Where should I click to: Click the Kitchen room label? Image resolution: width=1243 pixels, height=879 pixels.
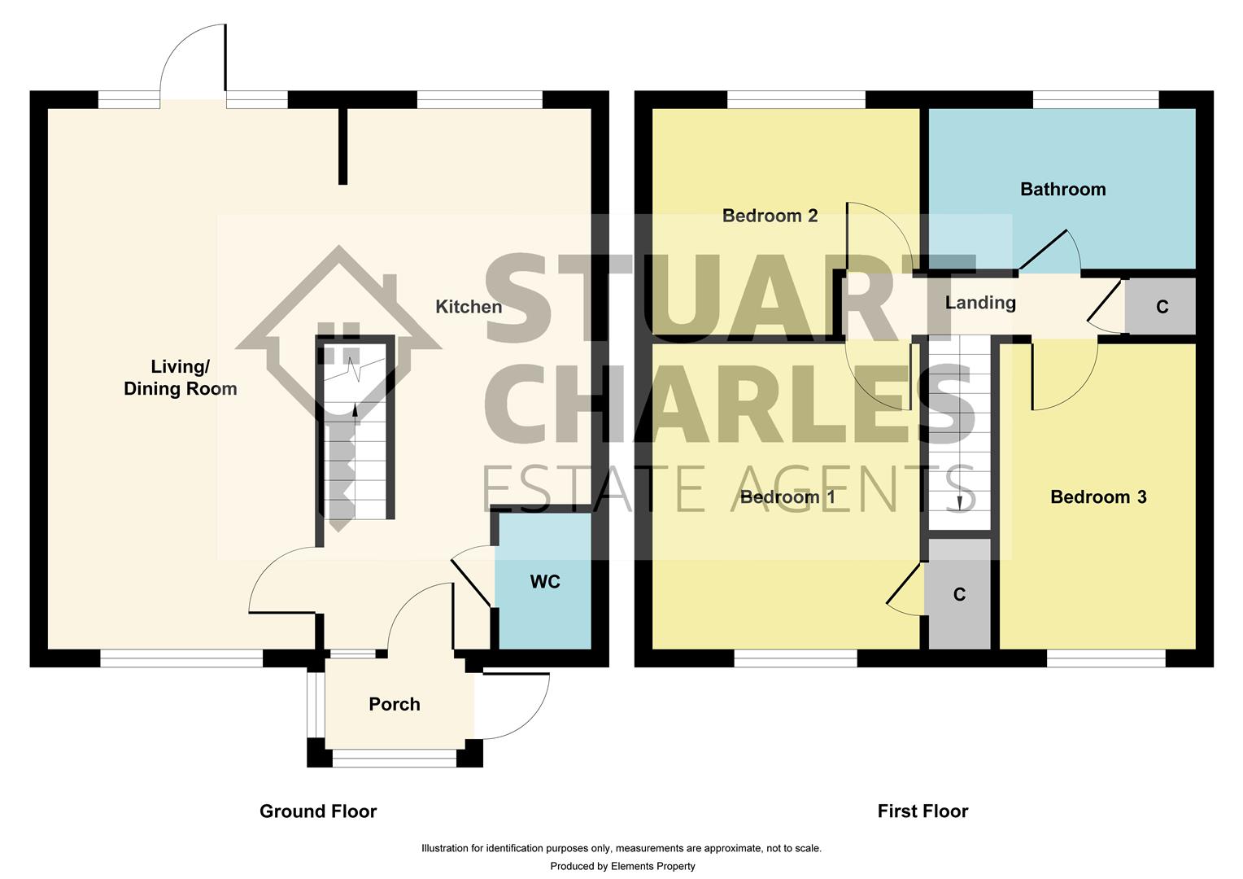[x=469, y=307]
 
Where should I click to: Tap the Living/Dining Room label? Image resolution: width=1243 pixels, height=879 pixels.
[x=181, y=378]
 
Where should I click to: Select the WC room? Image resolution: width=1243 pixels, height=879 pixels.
[x=544, y=582]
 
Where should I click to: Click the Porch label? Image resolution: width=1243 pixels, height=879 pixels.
[x=395, y=704]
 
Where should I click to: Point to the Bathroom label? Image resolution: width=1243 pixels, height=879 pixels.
[x=1062, y=190]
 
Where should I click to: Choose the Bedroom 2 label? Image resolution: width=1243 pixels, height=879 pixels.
[x=770, y=216]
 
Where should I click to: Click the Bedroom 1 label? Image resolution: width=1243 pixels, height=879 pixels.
[x=787, y=497]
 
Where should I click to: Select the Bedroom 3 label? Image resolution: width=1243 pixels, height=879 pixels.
[x=1098, y=497]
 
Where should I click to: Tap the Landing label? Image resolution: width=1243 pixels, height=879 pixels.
[x=980, y=303]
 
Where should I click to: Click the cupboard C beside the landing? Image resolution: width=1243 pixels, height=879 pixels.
[x=1162, y=307]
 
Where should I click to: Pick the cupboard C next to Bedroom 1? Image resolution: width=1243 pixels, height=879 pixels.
[x=959, y=595]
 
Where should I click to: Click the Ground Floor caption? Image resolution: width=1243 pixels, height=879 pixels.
[x=318, y=811]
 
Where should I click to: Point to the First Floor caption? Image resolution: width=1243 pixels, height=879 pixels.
[x=922, y=811]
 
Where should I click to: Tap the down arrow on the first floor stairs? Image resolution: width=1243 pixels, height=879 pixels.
[x=961, y=502]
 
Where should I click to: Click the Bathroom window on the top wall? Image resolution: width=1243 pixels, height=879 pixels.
[x=1095, y=99]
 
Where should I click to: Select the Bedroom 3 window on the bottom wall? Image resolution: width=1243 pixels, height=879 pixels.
[x=1106, y=658]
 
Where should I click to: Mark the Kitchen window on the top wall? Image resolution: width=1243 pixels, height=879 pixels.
[x=479, y=99]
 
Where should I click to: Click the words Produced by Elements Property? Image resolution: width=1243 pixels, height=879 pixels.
[x=622, y=866]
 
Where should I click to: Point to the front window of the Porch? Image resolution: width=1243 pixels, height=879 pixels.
[x=395, y=759]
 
